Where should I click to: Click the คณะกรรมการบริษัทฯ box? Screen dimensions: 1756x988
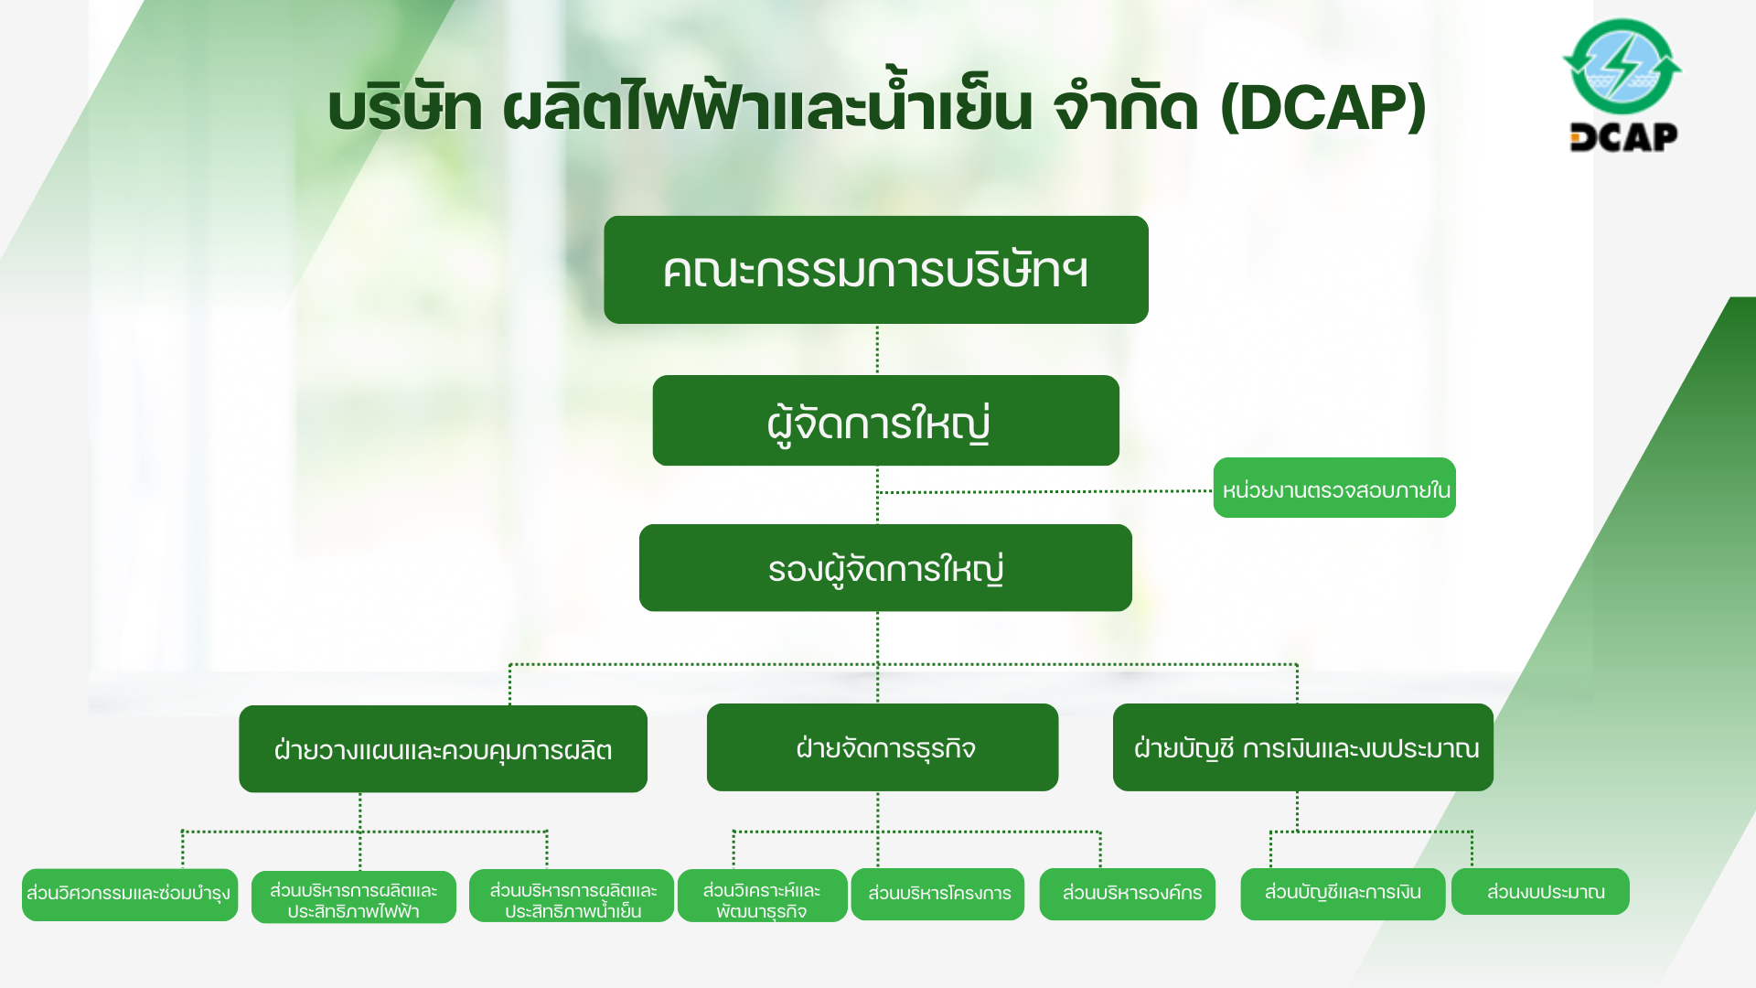876,270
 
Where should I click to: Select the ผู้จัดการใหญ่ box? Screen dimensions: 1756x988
885,421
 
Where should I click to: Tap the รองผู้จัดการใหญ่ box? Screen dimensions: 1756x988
885,568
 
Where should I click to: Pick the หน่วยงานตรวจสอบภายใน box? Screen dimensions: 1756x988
1334,488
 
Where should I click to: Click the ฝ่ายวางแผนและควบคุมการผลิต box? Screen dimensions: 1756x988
443,749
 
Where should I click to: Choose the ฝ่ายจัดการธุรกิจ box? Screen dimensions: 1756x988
883,747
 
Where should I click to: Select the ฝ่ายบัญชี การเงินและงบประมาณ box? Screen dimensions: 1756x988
1303,747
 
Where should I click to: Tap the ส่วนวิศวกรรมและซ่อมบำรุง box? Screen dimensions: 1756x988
130,895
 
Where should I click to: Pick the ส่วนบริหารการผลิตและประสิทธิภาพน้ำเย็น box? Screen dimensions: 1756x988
572,896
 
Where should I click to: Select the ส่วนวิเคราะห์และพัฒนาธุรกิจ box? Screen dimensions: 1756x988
763,896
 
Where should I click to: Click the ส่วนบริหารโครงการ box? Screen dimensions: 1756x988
938,894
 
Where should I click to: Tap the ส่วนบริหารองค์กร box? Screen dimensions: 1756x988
1128,894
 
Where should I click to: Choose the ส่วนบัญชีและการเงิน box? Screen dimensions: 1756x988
1343,894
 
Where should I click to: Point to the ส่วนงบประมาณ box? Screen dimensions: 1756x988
1541,891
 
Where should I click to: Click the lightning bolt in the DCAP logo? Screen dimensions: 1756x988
1622,64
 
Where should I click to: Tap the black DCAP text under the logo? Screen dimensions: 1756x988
1624,137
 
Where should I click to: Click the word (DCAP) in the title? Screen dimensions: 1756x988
1323,108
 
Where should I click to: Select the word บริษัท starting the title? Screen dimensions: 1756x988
405,108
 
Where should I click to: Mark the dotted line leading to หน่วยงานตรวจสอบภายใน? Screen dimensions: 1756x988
1045,491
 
